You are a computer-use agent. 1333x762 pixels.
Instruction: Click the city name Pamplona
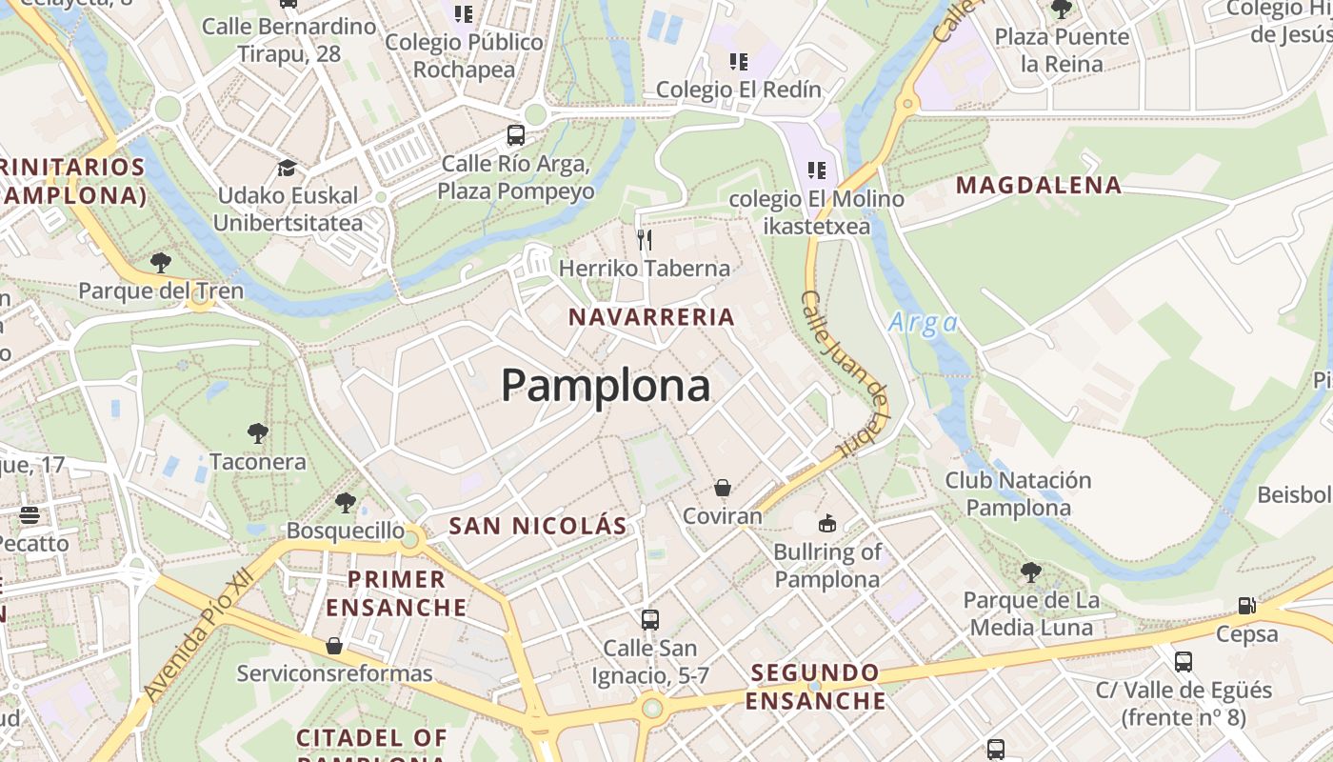click(606, 386)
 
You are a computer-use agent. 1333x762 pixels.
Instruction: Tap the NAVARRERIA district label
click(652, 317)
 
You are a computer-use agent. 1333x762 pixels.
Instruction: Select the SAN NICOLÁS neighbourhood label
click(538, 526)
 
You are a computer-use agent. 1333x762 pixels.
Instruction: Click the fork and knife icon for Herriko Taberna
click(645, 239)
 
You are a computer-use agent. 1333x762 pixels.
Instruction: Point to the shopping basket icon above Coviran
click(723, 488)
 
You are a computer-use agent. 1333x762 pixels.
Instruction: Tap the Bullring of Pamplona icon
click(826, 523)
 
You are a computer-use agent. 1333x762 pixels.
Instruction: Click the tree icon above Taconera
click(257, 433)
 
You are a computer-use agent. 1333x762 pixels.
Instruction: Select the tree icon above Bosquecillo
click(345, 502)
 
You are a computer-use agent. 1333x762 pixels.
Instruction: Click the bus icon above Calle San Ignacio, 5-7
click(650, 620)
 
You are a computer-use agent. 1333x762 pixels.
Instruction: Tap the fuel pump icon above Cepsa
click(1246, 605)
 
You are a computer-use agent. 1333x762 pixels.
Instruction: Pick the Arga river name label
click(923, 323)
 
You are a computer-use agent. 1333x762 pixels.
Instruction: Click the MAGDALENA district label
click(1039, 186)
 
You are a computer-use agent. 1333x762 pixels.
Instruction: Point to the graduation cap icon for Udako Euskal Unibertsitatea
click(287, 168)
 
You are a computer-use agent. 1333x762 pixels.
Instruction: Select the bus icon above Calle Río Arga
click(516, 135)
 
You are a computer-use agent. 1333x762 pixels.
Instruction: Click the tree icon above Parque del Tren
click(161, 262)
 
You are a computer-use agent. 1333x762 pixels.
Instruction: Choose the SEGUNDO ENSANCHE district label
click(815, 687)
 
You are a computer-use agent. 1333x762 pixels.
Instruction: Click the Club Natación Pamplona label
click(1018, 493)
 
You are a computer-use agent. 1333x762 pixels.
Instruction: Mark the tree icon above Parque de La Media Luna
click(1030, 572)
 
